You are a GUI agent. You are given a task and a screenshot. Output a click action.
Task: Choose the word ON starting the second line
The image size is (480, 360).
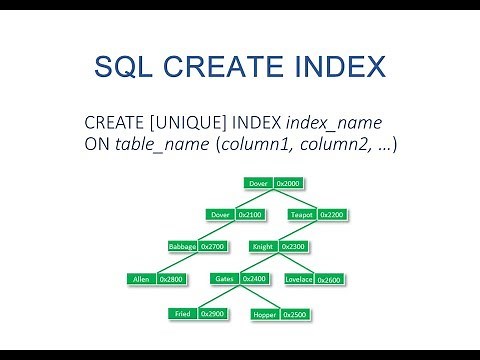click(x=98, y=144)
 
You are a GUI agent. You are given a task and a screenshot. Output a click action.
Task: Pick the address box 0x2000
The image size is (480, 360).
click(x=287, y=183)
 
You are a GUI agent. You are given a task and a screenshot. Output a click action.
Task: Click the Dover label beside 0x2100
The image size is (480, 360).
click(x=220, y=214)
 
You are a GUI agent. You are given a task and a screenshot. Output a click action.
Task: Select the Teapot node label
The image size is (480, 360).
click(x=302, y=214)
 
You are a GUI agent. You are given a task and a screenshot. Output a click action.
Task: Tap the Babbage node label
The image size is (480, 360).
click(x=182, y=246)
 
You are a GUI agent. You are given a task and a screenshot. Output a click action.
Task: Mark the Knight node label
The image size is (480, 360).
click(x=263, y=246)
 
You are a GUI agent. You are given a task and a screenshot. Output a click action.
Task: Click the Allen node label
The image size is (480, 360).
click(x=141, y=279)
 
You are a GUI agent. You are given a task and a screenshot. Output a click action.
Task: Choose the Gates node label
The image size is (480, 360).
click(x=224, y=279)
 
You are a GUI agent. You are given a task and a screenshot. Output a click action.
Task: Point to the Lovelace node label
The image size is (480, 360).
click(x=298, y=279)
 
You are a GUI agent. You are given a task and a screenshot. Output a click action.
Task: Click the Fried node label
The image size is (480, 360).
click(x=182, y=314)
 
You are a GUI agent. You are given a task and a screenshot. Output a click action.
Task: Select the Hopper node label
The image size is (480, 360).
click(x=265, y=314)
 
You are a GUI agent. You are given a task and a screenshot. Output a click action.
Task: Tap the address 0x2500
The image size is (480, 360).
click(x=295, y=314)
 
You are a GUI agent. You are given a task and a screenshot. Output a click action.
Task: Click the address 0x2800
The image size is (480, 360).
click(x=171, y=279)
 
